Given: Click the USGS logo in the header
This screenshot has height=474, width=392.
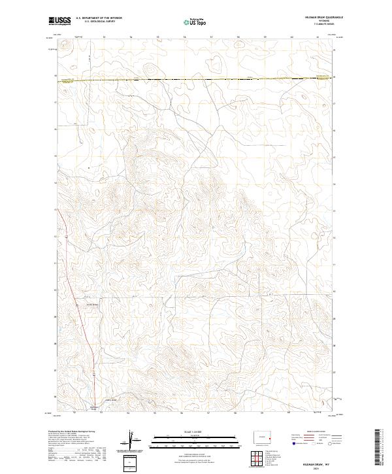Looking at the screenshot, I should tap(60, 21).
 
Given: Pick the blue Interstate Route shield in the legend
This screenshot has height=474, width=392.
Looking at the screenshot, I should tap(292, 443).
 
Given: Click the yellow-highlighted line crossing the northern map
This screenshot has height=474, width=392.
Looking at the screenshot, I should tap(196, 79).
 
